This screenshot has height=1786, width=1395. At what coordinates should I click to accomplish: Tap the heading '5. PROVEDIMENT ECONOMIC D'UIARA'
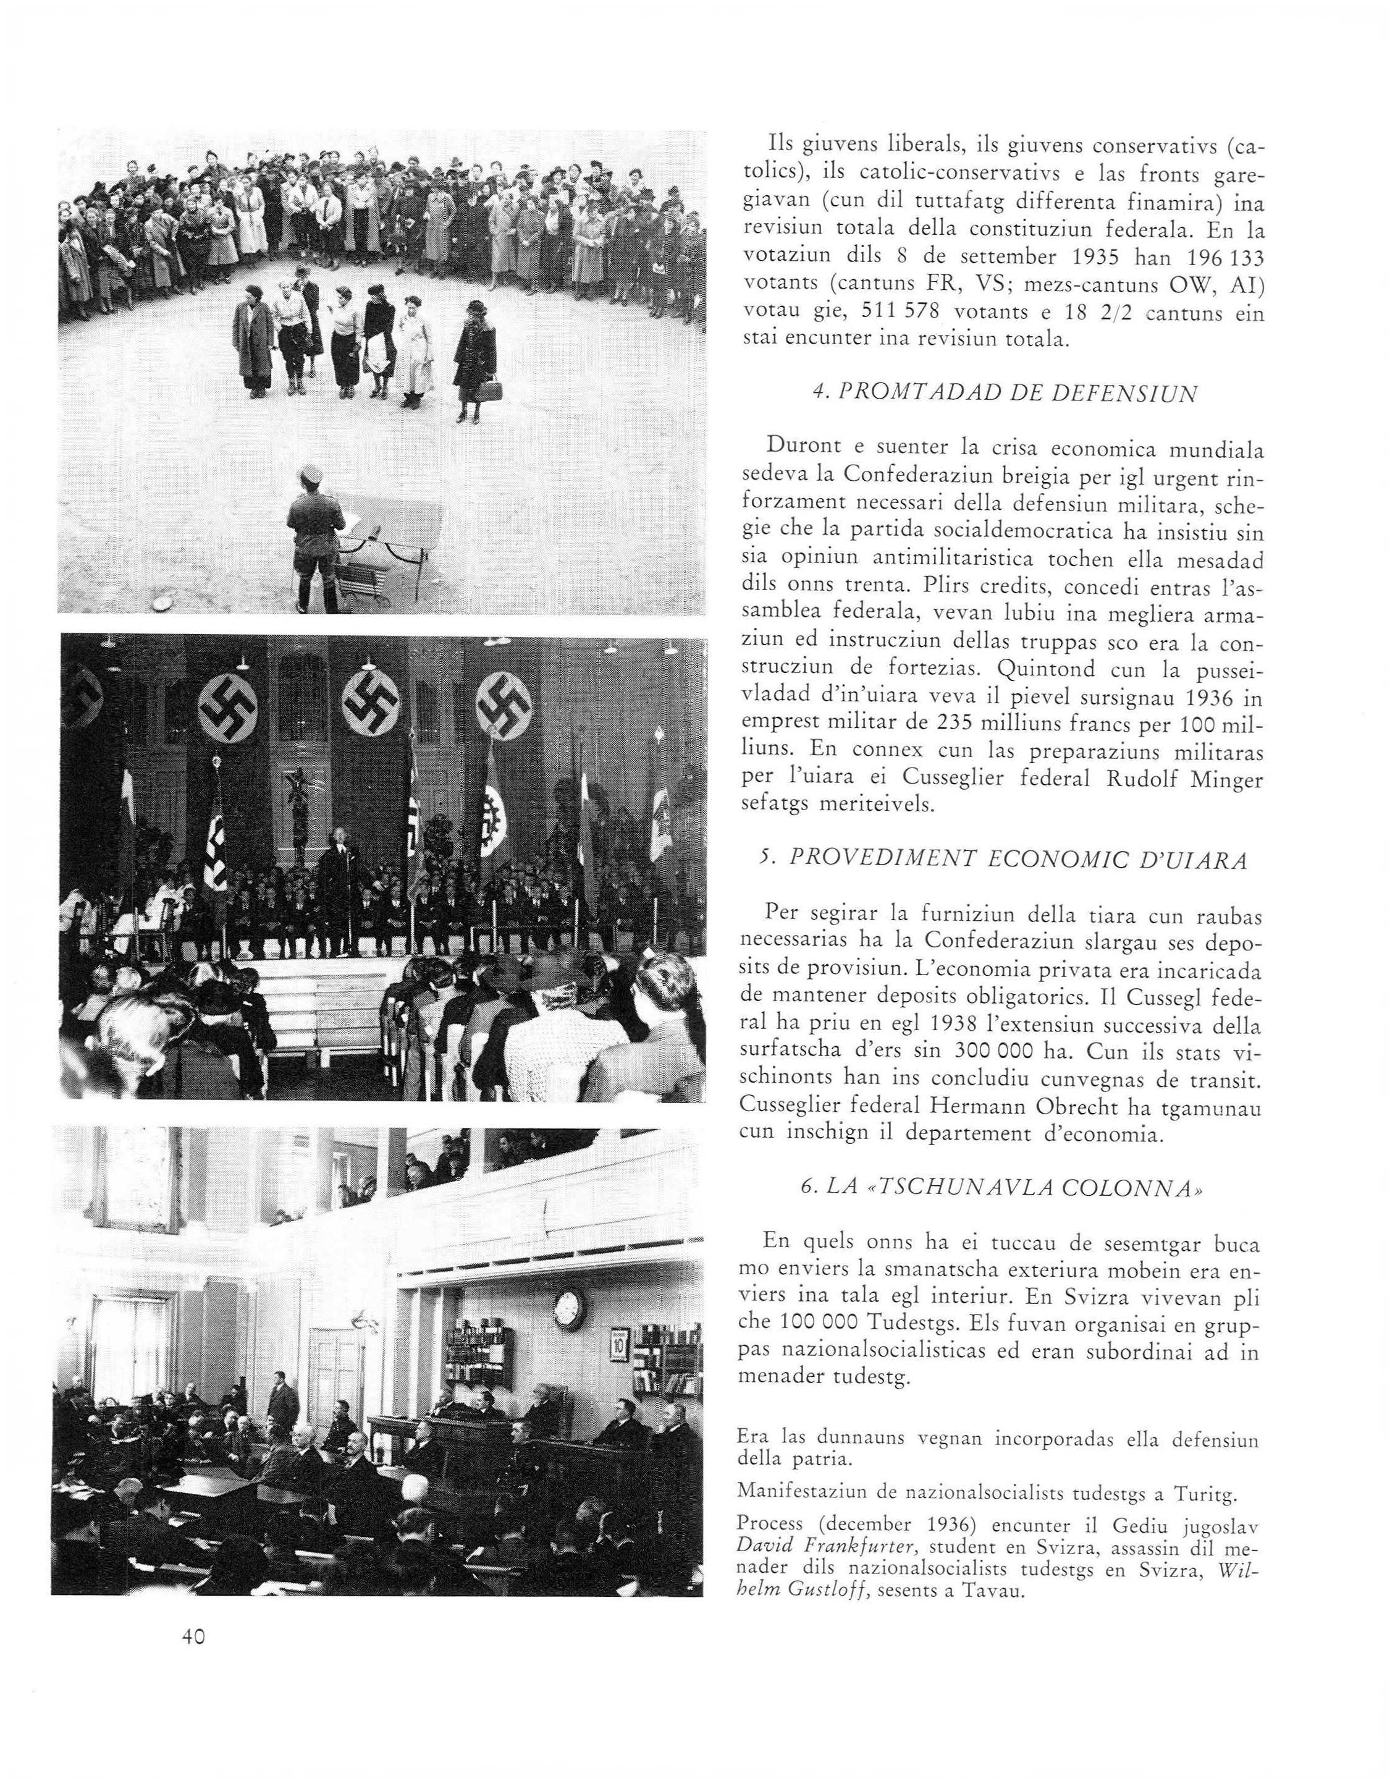(1003, 861)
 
